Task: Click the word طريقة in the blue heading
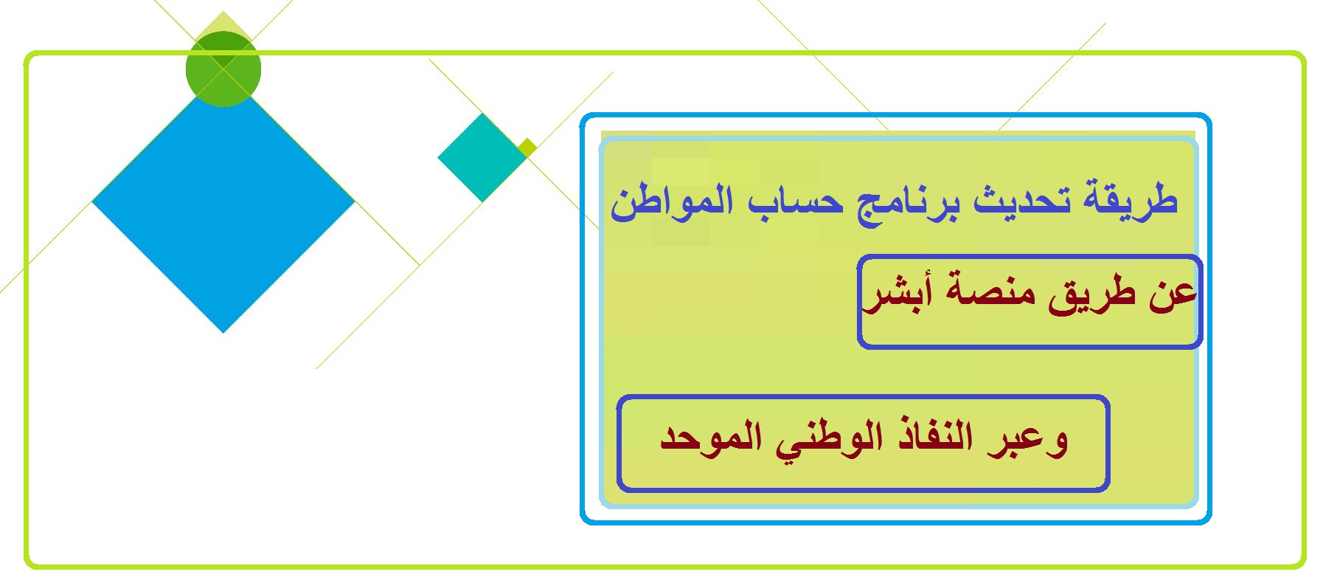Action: pyautogui.click(x=1130, y=201)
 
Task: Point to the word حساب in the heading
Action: pyautogui.click(x=796, y=201)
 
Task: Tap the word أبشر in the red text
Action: pyautogui.click(x=897, y=293)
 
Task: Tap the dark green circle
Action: pyautogui.click(x=223, y=69)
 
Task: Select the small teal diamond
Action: pyautogui.click(x=482, y=157)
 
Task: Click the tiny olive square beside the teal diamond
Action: pyautogui.click(x=527, y=148)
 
